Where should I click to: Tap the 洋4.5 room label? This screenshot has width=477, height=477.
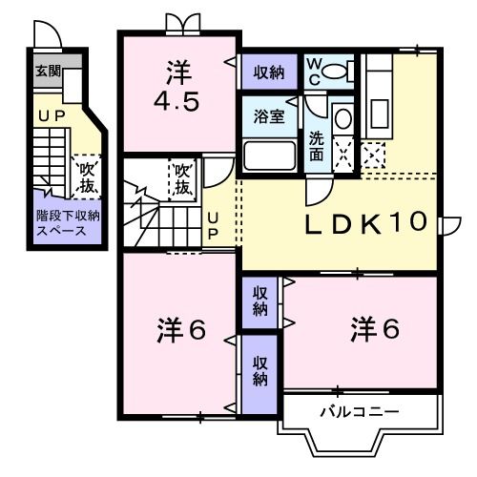(x=178, y=86)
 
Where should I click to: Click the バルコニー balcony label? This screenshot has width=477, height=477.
(x=358, y=411)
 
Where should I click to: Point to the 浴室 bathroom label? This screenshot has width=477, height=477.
(x=268, y=117)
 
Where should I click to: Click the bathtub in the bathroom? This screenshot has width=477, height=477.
(x=270, y=156)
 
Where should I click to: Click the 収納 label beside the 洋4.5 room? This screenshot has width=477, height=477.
(x=269, y=72)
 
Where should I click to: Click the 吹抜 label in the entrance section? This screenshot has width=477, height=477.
(x=89, y=176)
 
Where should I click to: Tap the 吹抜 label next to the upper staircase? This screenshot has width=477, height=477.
(x=182, y=176)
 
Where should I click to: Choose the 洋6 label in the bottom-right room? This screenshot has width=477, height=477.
(x=373, y=330)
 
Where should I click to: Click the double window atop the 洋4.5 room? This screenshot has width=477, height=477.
(x=179, y=22)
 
